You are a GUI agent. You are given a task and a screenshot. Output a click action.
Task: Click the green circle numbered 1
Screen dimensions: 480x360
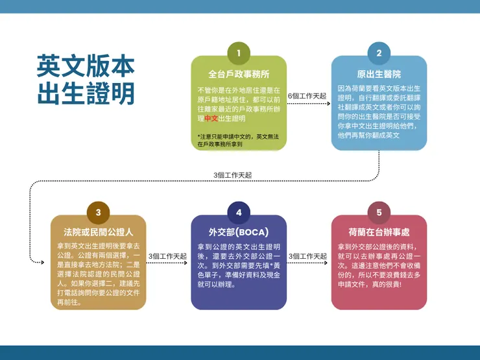239,53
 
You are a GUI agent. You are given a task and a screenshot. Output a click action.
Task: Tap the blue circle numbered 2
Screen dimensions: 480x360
379,53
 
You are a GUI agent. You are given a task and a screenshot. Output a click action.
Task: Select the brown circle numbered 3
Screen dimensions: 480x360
98,213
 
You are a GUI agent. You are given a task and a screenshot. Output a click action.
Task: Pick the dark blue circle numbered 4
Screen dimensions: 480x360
239,213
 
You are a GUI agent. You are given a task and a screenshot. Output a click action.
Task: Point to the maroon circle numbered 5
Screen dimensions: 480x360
379,213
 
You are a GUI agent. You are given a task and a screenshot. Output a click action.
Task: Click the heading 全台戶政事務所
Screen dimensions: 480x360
239,74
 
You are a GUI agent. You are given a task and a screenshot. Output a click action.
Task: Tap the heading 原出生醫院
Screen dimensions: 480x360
379,74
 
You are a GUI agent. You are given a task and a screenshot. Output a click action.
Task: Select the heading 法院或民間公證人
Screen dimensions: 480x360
98,232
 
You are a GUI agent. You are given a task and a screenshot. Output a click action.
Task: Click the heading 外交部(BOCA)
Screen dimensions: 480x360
239,232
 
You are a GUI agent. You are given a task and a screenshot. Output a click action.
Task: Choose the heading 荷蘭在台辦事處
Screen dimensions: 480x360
379,232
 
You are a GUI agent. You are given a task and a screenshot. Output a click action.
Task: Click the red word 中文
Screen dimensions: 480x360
211,119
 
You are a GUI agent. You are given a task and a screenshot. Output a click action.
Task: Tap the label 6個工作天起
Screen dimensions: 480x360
307,96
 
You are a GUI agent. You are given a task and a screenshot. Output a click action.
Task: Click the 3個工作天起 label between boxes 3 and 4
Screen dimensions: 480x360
167,256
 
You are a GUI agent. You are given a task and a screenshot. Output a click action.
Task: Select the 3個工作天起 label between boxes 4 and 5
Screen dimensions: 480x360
307,256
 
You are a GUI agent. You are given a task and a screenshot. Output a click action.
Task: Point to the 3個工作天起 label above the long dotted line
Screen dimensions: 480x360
233,175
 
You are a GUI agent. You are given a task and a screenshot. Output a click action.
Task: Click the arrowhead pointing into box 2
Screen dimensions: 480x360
328,104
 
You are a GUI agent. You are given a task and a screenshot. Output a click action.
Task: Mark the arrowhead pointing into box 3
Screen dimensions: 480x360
42,262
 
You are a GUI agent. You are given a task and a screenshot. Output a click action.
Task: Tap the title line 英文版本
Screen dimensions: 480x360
86,66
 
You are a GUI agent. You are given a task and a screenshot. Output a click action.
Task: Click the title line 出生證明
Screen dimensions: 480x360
86,93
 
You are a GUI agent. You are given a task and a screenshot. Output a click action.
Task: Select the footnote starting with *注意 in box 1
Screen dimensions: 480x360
238,140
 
